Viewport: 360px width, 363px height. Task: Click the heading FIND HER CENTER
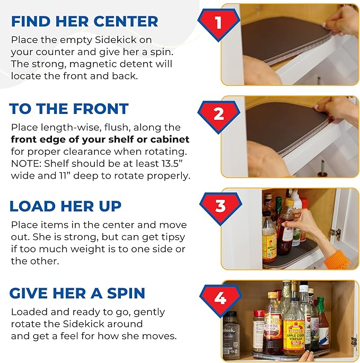tap(84, 21)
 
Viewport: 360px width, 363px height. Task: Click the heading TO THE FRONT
tap(69, 109)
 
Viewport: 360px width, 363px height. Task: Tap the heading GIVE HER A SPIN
tap(77, 293)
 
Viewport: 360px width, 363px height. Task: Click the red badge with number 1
tap(217, 24)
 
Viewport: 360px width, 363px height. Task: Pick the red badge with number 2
tap(217, 113)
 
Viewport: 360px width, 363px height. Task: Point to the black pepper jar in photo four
tap(231, 334)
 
